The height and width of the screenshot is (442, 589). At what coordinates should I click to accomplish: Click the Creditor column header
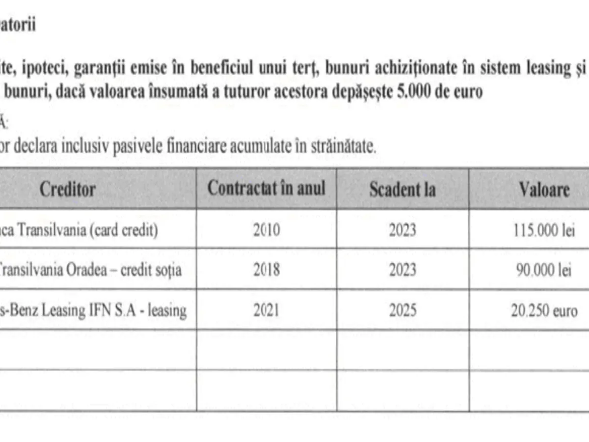67,189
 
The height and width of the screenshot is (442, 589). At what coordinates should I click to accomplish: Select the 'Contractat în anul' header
266,188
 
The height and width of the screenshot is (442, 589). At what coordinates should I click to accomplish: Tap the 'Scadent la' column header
402,190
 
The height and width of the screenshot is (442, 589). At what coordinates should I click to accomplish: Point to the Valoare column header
544,190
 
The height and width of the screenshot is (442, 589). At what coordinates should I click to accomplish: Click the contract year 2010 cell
267,230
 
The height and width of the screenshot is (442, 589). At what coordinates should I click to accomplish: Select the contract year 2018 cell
267,270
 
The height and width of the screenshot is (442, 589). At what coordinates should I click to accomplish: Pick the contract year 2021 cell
267,310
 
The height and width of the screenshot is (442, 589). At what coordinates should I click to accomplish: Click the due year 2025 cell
402,310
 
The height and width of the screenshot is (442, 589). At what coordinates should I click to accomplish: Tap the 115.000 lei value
543,230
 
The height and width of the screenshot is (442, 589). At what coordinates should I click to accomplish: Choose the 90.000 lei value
543,271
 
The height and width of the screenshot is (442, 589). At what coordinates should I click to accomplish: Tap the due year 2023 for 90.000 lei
402,270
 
